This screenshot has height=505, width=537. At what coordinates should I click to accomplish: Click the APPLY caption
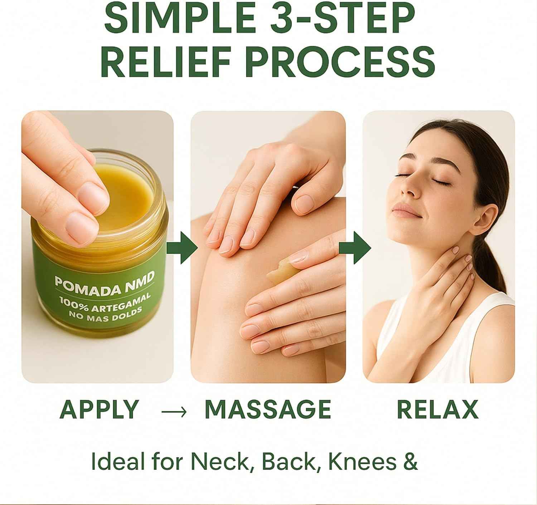[x=99, y=409]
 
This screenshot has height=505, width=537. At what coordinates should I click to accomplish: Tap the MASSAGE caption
[x=268, y=409]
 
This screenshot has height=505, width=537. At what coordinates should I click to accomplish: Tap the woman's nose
[x=406, y=190]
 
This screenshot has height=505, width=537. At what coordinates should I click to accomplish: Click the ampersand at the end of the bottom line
[x=410, y=462]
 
